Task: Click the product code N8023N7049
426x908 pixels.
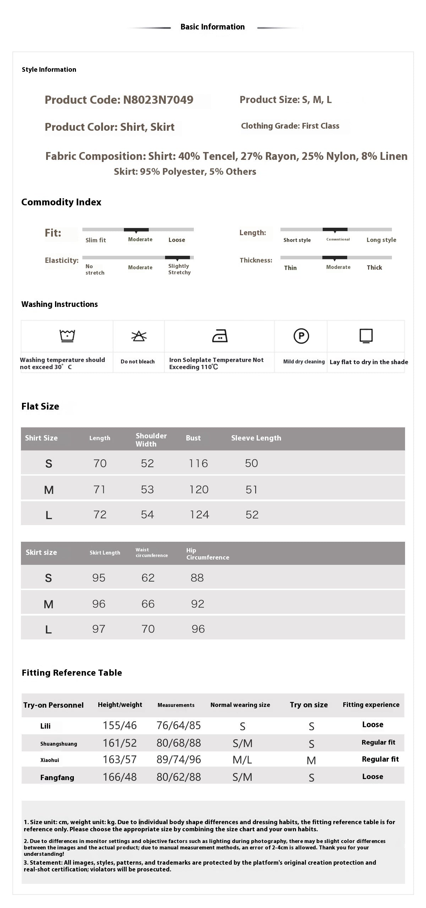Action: pyautogui.click(x=158, y=100)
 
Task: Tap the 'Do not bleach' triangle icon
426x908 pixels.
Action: pyautogui.click(x=139, y=336)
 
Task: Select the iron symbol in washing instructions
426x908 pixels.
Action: pyautogui.click(x=220, y=336)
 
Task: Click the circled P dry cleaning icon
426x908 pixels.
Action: pyautogui.click(x=301, y=336)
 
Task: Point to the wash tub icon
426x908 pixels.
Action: pyautogui.click(x=67, y=335)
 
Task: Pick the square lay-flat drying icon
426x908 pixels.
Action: pyautogui.click(x=366, y=336)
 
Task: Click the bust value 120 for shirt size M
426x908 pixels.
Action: pyautogui.click(x=199, y=490)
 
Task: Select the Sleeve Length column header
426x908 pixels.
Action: pyautogui.click(x=256, y=438)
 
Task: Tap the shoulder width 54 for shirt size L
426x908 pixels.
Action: pyautogui.click(x=147, y=515)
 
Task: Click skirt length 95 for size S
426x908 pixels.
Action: pyautogui.click(x=99, y=578)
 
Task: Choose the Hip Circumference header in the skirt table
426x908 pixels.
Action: pyautogui.click(x=208, y=554)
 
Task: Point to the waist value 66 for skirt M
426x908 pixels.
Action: pyautogui.click(x=148, y=604)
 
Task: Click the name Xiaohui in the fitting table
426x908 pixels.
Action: pyautogui.click(x=50, y=760)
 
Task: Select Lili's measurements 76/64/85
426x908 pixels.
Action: pyautogui.click(x=179, y=725)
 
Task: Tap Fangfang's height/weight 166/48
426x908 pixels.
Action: pyautogui.click(x=120, y=777)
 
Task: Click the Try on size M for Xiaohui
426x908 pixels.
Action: pyautogui.click(x=311, y=761)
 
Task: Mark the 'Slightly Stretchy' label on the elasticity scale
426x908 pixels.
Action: pyautogui.click(x=179, y=269)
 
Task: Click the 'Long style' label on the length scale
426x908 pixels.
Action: pyautogui.click(x=381, y=240)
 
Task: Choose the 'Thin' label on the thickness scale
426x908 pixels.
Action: pyautogui.click(x=290, y=268)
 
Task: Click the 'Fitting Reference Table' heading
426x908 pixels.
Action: pyautogui.click(x=72, y=673)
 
